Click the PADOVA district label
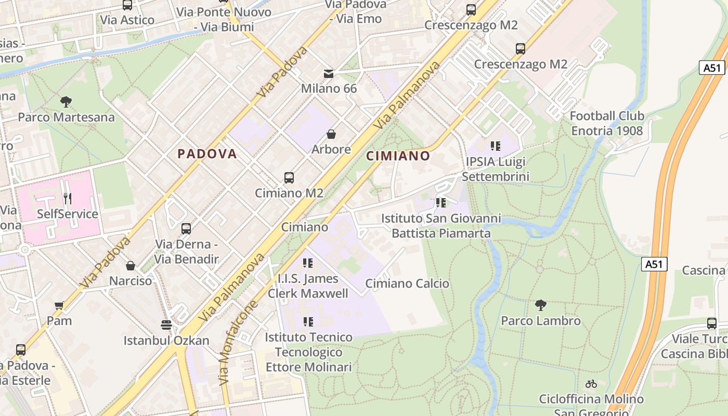pyautogui.click(x=207, y=154)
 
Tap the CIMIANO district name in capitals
pyautogui.click(x=398, y=156)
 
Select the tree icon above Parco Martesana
pyautogui.click(x=66, y=101)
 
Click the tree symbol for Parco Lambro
pyautogui.click(x=541, y=305)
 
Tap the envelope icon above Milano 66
pyautogui.click(x=329, y=74)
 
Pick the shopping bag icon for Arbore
pyautogui.click(x=331, y=135)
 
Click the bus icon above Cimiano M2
pyautogui.click(x=289, y=178)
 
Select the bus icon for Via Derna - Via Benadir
pyautogui.click(x=186, y=229)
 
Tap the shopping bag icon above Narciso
pyautogui.click(x=131, y=266)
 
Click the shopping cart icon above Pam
pyautogui.click(x=59, y=305)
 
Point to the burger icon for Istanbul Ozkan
pyautogui.click(x=166, y=326)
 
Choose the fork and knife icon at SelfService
pyautogui.click(x=68, y=199)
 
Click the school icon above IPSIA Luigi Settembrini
pyautogui.click(x=495, y=147)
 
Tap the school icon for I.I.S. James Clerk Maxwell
pyautogui.click(x=308, y=264)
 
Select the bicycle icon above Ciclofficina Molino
pyautogui.click(x=591, y=384)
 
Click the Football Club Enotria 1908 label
pyautogui.click(x=607, y=123)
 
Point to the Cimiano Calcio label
pyautogui.click(x=407, y=283)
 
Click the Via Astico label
pyautogui.click(x=127, y=20)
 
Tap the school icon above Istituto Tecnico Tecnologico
pyautogui.click(x=308, y=322)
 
